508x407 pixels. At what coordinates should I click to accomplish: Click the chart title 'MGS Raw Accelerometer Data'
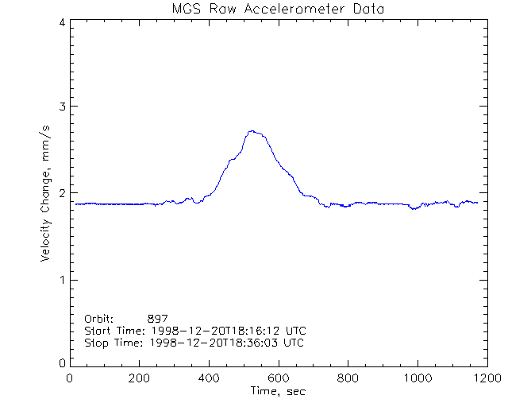point(277,9)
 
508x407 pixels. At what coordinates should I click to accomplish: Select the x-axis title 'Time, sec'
point(277,390)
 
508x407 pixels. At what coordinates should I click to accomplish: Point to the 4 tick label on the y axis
point(62,22)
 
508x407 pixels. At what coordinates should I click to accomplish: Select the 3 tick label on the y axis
point(62,107)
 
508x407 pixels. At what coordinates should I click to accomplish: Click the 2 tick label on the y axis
point(62,193)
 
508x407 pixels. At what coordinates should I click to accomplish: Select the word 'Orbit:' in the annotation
point(99,318)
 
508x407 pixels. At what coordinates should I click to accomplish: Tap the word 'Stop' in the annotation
point(96,343)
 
